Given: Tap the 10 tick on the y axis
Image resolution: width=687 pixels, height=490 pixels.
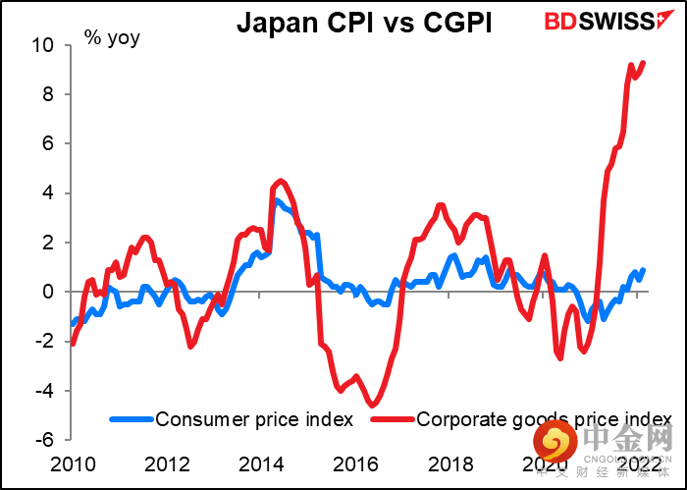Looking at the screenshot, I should pos(44,45).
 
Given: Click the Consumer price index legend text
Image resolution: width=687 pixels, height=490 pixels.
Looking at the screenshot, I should pos(254,419).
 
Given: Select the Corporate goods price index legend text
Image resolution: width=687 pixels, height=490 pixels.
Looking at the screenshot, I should pos(546,419).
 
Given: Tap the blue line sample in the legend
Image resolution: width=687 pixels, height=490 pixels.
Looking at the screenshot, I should pos(131,419).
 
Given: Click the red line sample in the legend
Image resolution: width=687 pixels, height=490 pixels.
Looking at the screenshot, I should pos(393,419).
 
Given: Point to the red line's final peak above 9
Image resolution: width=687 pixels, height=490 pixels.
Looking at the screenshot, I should pos(644,63).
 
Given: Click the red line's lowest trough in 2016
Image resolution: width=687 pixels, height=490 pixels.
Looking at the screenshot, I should pos(373,404).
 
